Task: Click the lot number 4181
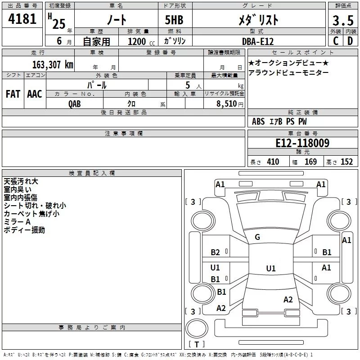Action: (22, 20)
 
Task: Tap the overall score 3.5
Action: (342, 20)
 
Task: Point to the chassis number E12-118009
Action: (302, 144)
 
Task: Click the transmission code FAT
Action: (13, 94)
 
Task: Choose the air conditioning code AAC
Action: (35, 94)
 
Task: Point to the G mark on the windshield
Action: (257, 237)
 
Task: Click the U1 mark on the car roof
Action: (270, 269)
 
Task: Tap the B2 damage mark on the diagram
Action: (216, 252)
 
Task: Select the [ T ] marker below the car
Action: (197, 345)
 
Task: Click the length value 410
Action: (272, 162)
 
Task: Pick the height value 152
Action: (346, 162)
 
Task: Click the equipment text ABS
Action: (258, 121)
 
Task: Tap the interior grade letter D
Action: (350, 41)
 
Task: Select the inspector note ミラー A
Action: (17, 222)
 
